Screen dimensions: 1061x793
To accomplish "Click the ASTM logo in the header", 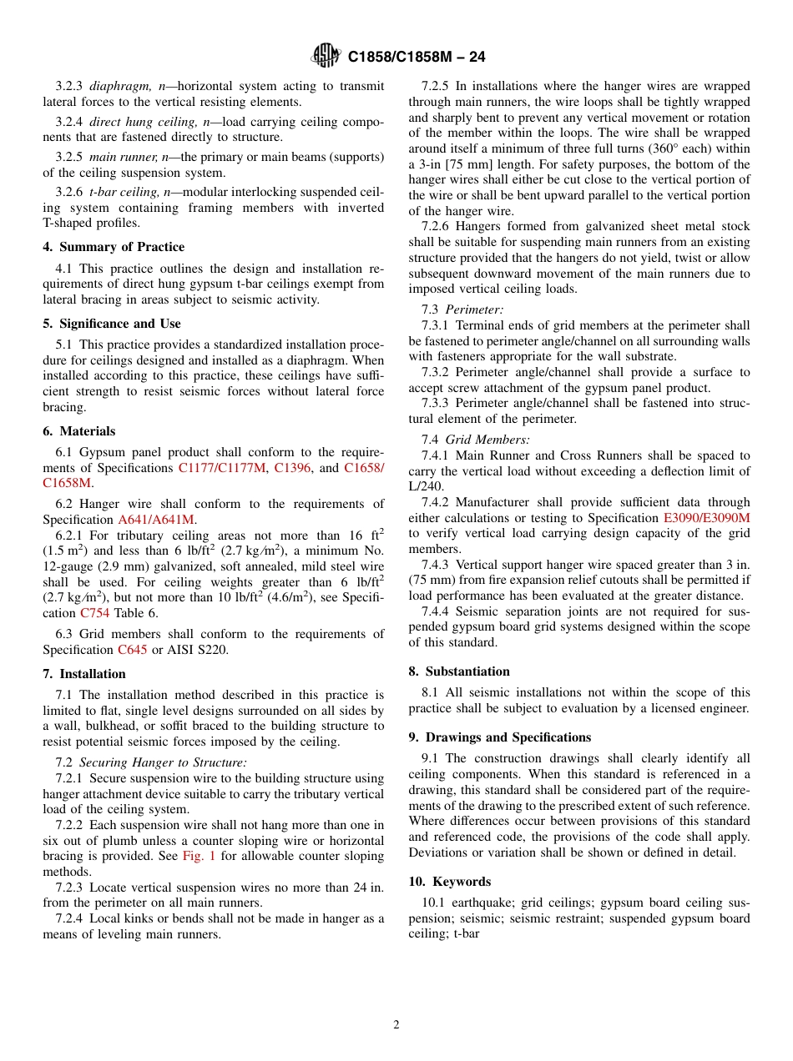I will tap(326, 56).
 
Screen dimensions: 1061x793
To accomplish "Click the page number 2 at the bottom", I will tap(396, 1025).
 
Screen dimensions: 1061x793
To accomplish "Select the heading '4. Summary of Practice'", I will tap(114, 247).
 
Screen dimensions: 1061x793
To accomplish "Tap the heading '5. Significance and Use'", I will tap(111, 324).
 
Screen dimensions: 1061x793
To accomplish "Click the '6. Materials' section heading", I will tap(79, 431).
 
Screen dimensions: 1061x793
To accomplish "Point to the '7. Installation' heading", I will tap(84, 674).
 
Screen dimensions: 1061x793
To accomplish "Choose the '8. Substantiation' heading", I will tap(459, 671).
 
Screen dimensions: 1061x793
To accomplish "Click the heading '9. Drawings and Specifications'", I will tap(499, 737).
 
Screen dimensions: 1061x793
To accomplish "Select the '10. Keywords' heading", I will tap(450, 882).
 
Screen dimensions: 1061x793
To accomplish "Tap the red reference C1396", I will tap(293, 468).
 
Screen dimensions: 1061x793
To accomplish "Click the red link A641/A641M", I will tap(156, 520).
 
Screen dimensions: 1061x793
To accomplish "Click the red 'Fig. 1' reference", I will tap(200, 856).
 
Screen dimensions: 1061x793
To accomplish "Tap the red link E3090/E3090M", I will tap(706, 518).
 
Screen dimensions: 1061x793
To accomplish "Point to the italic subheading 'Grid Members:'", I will tap(487, 440).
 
